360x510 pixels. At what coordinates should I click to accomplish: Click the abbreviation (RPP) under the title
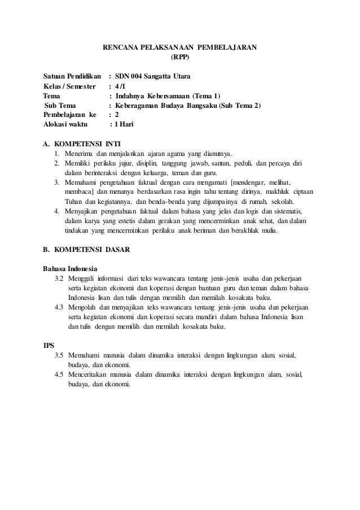[180, 56]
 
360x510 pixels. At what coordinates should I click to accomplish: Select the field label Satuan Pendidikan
[72, 76]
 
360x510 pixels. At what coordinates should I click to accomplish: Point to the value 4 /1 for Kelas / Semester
[121, 85]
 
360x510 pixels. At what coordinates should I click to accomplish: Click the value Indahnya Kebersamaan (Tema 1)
[168, 95]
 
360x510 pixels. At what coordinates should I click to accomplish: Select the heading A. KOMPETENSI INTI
[82, 143]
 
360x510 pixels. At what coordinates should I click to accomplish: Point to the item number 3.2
[59, 278]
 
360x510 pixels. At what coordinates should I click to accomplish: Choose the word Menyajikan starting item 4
[82, 212]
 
